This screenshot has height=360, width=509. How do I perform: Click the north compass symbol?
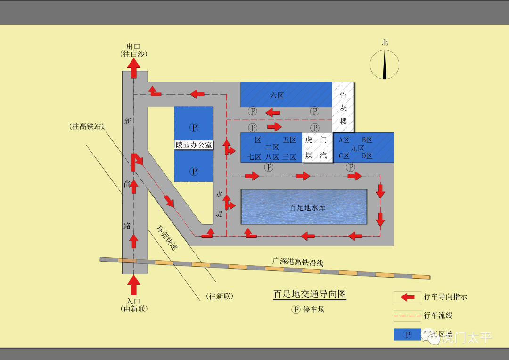pyautogui.click(x=385, y=65)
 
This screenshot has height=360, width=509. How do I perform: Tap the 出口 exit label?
pyautogui.click(x=134, y=47)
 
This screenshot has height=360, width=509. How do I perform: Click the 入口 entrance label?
pyautogui.click(x=134, y=302)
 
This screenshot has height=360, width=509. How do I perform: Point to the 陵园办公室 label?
pyautogui.click(x=194, y=145)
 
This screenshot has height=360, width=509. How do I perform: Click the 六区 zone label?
pyautogui.click(x=277, y=96)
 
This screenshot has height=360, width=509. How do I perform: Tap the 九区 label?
pyautogui.click(x=358, y=148)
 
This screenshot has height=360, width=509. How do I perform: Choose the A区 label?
pyautogui.click(x=345, y=140)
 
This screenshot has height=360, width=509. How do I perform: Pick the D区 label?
pyautogui.click(x=368, y=156)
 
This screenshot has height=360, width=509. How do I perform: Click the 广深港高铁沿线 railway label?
pyautogui.click(x=297, y=262)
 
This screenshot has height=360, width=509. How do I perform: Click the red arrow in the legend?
pyautogui.click(x=407, y=297)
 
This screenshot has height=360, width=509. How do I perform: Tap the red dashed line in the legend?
pyautogui.click(x=407, y=316)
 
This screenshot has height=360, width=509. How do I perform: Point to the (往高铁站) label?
pyautogui.click(x=86, y=126)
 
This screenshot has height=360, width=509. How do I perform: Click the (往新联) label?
pyautogui.click(x=220, y=296)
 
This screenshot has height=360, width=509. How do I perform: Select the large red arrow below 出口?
pyautogui.click(x=134, y=69)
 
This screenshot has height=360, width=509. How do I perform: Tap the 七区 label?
pyautogui.click(x=254, y=157)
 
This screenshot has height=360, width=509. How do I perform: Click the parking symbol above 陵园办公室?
pyautogui.click(x=194, y=127)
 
